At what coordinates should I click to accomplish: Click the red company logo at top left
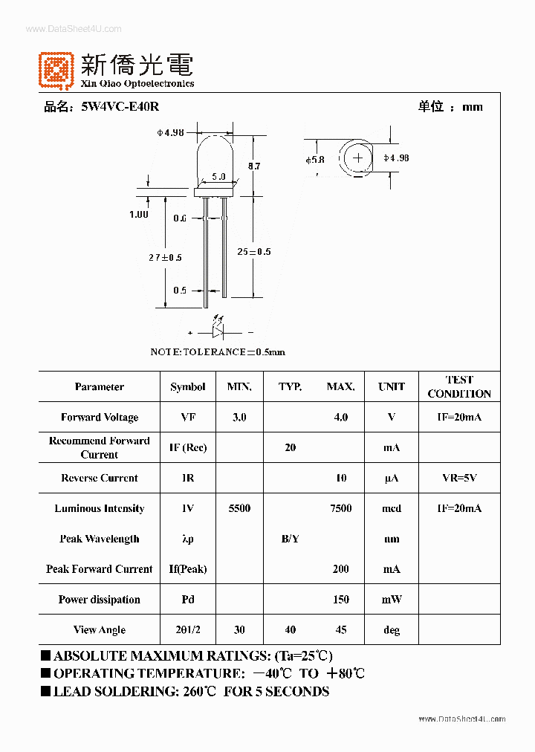[x=56, y=69]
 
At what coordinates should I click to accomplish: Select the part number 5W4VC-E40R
[x=120, y=107]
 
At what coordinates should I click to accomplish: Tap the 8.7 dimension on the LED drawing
[x=253, y=166]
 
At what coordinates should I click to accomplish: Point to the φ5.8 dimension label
[x=314, y=159]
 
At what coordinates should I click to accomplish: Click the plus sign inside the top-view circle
[x=359, y=158]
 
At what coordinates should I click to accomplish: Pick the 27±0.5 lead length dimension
[x=165, y=257]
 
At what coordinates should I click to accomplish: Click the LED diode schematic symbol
[x=221, y=332]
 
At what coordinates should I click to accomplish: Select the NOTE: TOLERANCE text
[x=218, y=351]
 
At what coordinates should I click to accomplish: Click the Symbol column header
[x=188, y=387]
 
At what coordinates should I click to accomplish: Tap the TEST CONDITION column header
[x=459, y=386]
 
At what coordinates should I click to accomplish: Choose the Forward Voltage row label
[x=100, y=418]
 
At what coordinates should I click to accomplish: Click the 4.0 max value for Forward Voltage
[x=340, y=418]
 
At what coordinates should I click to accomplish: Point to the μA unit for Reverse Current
[x=392, y=479]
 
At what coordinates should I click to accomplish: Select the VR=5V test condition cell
[x=459, y=479]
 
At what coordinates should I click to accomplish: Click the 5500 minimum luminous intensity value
[x=239, y=508]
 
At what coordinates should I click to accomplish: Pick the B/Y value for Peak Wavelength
[x=291, y=539]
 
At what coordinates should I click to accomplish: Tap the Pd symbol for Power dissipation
[x=188, y=600]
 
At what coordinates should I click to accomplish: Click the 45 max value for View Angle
[x=340, y=630]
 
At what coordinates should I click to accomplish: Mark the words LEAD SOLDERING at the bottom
[x=106, y=692]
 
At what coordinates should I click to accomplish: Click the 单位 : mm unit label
[x=450, y=107]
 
